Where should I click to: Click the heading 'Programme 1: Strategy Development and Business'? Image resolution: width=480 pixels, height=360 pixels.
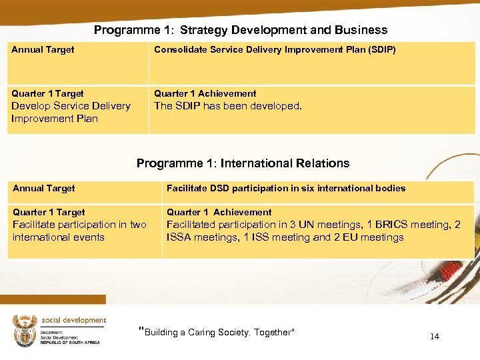[x=240, y=30]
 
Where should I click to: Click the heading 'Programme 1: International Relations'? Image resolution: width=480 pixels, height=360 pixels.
[x=243, y=163]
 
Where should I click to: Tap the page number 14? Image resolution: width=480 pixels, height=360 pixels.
[x=435, y=337]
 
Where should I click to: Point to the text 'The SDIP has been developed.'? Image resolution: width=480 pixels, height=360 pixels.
[x=228, y=106]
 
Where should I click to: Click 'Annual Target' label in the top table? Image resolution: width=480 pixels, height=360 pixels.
[x=43, y=50]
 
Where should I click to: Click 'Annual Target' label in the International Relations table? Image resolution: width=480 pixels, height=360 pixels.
[x=44, y=189]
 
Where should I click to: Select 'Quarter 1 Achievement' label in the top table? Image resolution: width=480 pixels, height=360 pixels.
[x=205, y=94]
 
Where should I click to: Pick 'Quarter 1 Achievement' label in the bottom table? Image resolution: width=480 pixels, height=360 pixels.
[x=219, y=213]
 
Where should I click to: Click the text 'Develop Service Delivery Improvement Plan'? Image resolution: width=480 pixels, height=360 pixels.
[x=71, y=112]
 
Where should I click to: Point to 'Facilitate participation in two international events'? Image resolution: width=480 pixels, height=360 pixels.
[x=79, y=231]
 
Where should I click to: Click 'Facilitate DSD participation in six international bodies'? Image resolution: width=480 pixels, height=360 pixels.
[x=286, y=189]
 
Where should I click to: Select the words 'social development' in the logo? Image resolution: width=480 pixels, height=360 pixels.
[x=73, y=320]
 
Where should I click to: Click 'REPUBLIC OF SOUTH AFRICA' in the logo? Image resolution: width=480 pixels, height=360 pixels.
[x=69, y=342]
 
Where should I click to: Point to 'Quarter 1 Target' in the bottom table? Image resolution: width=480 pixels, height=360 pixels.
[x=49, y=213]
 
